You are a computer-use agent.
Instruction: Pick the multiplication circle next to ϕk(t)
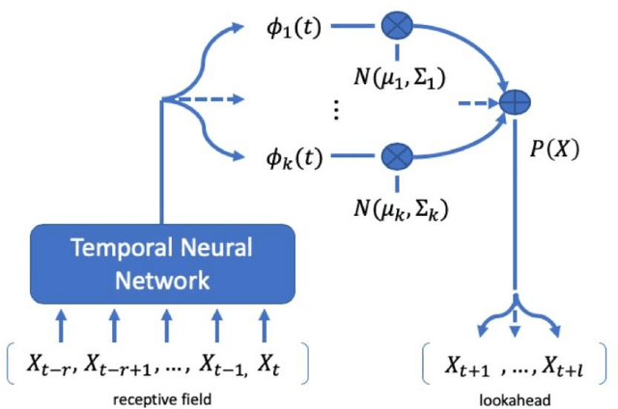[x=397, y=155]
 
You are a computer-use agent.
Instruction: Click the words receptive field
[x=162, y=395]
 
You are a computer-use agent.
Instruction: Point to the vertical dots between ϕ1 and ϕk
[x=336, y=109]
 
